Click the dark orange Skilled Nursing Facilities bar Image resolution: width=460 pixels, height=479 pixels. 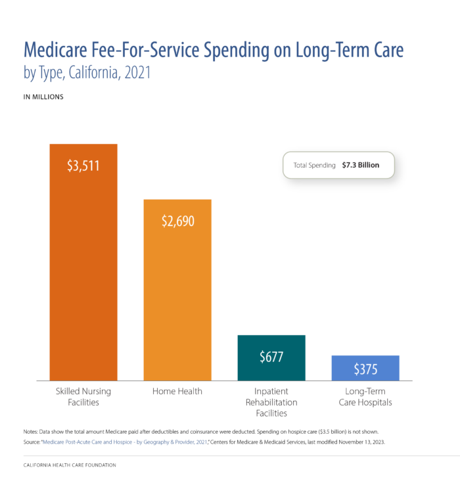pos(83,276)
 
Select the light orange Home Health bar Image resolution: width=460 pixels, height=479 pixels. pos(177,302)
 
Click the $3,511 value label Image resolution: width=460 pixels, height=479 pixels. pos(83,166)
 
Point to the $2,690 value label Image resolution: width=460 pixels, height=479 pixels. pos(177,221)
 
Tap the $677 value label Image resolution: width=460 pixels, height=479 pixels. pos(271,357)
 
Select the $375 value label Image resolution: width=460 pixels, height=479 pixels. pos(365,369)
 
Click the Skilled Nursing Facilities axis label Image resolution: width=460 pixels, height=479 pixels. pos(83,397)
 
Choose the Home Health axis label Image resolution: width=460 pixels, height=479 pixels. pos(177,392)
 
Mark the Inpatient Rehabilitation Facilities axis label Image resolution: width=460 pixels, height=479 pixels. pos(271,402)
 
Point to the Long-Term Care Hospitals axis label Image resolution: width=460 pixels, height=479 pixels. pos(365,397)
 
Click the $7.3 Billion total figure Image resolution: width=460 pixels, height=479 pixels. pos(361,166)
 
